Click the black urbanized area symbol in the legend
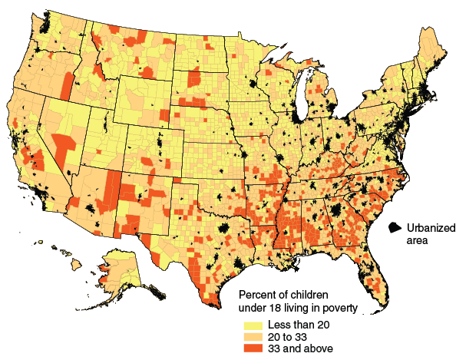click(395, 228)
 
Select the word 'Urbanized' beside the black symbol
click(429, 227)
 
